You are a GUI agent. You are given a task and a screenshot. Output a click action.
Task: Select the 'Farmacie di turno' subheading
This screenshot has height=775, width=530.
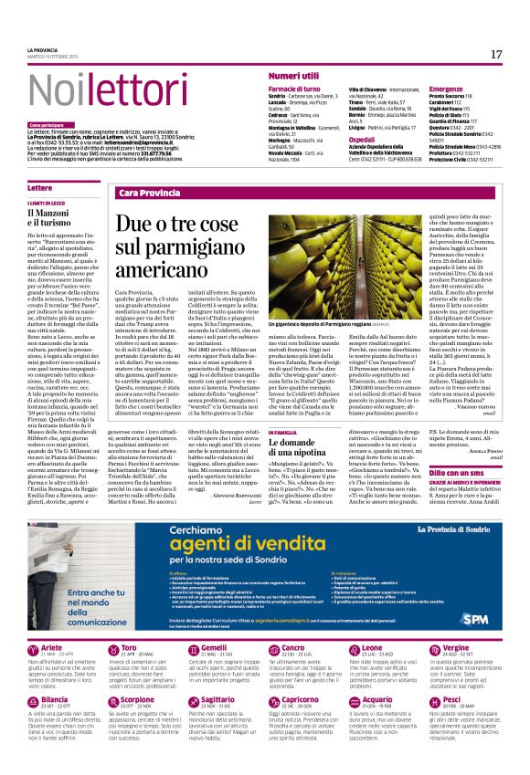pos(296,89)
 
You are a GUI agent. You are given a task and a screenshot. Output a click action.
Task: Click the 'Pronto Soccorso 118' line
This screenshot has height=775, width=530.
pos(450,95)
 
